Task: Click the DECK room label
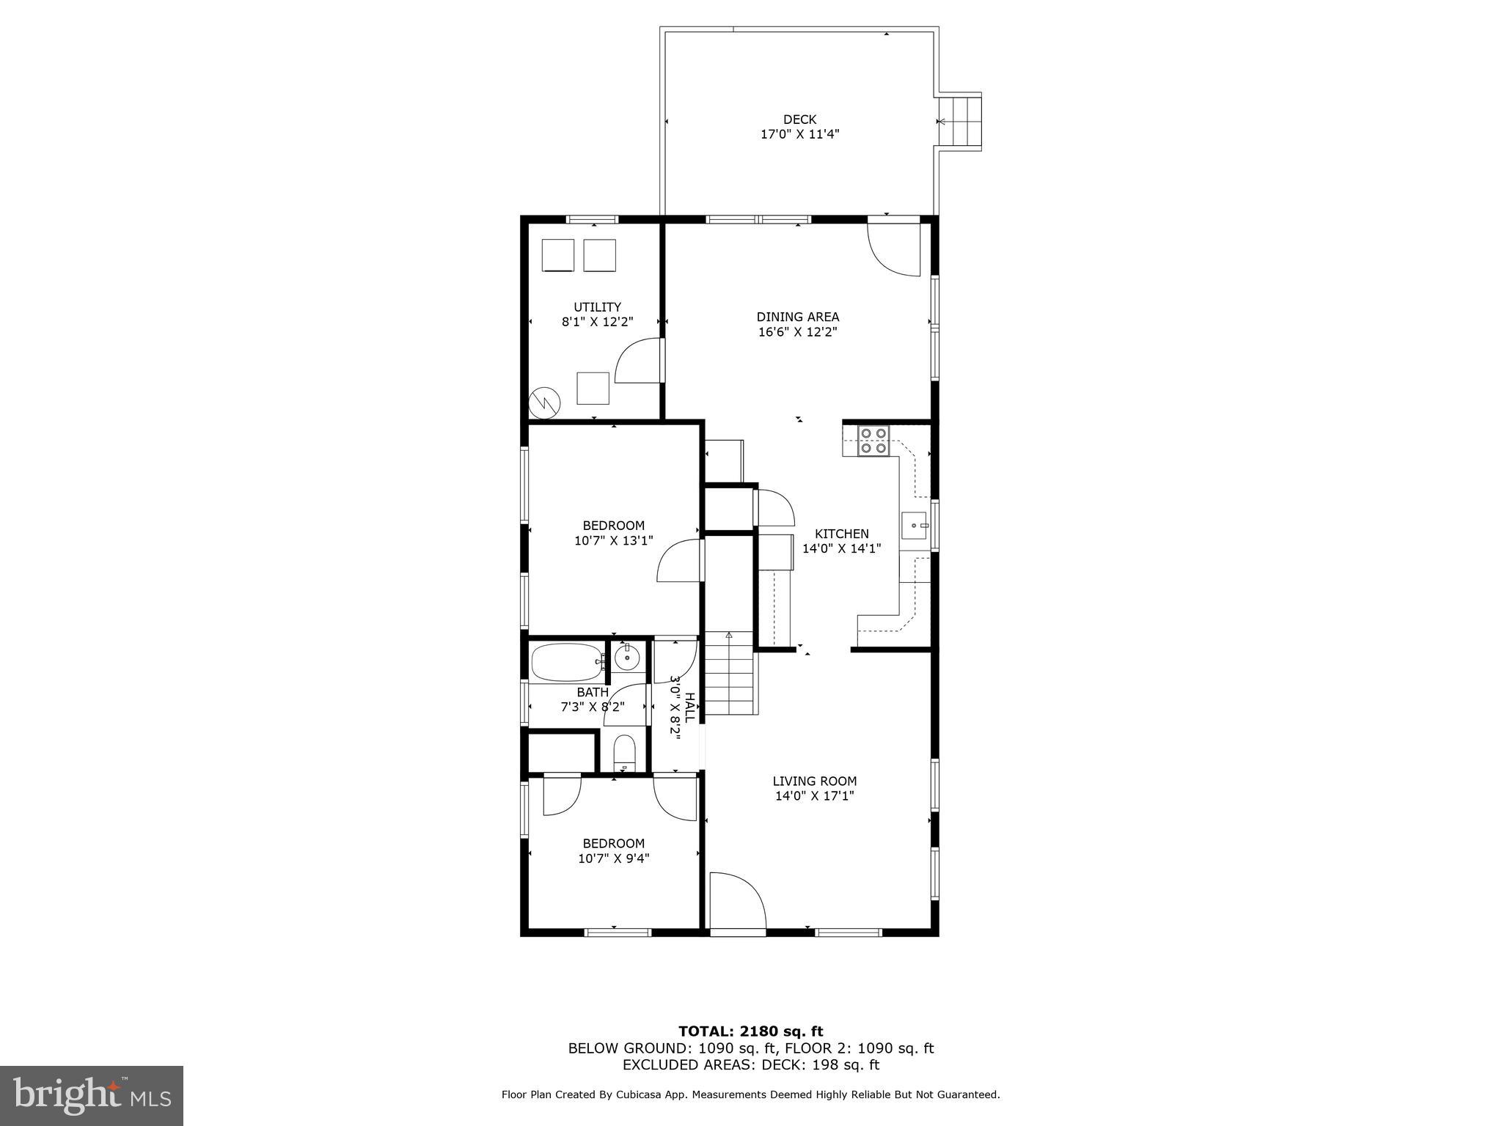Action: [799, 119]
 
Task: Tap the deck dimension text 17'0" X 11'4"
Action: [799, 135]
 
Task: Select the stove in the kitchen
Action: [873, 441]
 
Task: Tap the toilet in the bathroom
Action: [625, 753]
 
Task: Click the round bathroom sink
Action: [627, 658]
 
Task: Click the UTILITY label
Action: [597, 307]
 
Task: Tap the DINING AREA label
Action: [798, 317]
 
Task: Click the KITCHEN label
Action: [841, 534]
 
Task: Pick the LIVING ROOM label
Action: [814, 781]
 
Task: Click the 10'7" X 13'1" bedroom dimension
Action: [614, 541]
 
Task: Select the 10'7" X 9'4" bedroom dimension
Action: [614, 858]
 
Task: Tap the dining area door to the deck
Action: [895, 248]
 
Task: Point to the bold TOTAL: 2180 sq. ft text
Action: [750, 1032]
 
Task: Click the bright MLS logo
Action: [92, 1095]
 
